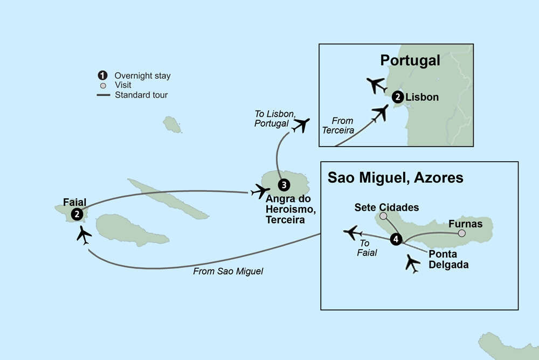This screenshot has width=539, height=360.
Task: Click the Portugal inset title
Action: click(410, 60)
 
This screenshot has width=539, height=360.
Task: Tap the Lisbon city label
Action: click(422, 98)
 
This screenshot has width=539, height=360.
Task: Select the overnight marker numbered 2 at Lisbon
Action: click(397, 98)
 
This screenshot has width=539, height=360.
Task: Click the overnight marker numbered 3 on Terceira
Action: click(284, 185)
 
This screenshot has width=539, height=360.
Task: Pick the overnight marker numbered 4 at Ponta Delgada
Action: click(396, 240)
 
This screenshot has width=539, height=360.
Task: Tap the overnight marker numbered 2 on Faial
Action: click(78, 214)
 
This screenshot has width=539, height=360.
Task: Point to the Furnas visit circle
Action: click(462, 233)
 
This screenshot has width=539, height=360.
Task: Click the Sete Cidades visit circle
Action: click(383, 216)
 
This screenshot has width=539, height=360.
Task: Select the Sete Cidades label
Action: click(386, 207)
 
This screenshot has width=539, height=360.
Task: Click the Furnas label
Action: click(465, 224)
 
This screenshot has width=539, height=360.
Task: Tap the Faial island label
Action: click(74, 203)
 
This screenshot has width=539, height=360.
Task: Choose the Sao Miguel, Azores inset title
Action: click(395, 178)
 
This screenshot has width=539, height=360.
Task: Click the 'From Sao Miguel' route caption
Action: click(228, 272)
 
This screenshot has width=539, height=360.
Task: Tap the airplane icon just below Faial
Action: click(84, 235)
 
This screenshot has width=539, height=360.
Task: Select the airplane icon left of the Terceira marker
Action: click(261, 191)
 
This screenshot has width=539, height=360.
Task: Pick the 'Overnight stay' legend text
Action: click(142, 75)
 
